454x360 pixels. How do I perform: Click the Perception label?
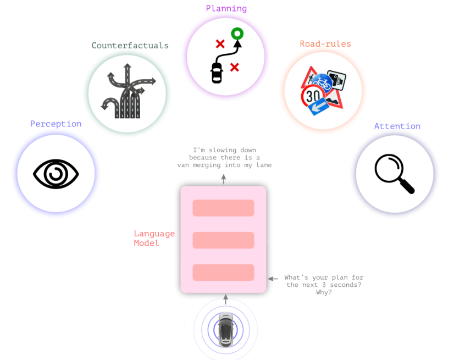[56, 124]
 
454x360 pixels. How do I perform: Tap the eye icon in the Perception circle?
[56, 175]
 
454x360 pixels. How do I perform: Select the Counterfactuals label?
[130, 45]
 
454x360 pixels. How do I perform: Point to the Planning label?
[226, 8]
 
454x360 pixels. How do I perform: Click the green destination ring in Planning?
[237, 34]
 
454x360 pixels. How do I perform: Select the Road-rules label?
[325, 44]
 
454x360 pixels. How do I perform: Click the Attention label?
[397, 126]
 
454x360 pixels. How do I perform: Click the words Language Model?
[154, 238]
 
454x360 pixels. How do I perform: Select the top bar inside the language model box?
[223, 208]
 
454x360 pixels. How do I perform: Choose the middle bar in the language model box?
[223, 240]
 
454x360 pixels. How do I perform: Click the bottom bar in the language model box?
[223, 273]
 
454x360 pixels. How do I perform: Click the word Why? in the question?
[324, 292]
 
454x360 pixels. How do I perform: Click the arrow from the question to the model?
[273, 279]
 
